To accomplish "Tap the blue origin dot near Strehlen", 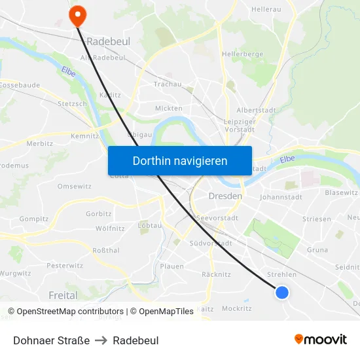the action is (282, 292).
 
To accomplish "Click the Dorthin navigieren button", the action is (180, 160).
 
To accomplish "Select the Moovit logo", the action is (320, 340).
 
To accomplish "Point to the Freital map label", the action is (63, 296).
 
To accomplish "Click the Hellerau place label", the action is (266, 9).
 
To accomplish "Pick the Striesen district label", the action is (317, 219).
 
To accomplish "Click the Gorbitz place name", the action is (99, 214).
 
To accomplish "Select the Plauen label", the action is (171, 266).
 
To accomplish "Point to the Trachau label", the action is (167, 84).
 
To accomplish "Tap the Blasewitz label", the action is (341, 192).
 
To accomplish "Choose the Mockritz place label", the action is (236, 308).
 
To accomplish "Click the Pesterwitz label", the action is (65, 266).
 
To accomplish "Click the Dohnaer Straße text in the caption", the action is (51, 340).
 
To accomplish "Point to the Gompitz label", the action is (34, 219).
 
